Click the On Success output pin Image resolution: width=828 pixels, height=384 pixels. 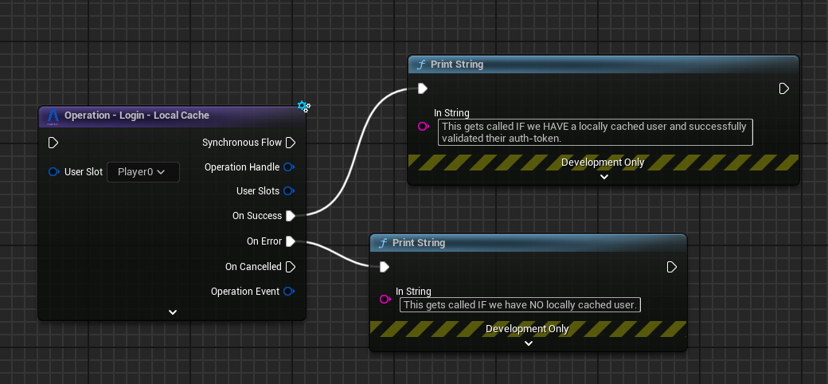click(x=291, y=216)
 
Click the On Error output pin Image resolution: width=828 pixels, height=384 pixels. click(x=291, y=241)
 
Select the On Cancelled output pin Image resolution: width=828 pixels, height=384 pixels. click(x=291, y=267)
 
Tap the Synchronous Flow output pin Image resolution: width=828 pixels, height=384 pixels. click(x=291, y=143)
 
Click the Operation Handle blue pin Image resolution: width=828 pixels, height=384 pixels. click(x=289, y=167)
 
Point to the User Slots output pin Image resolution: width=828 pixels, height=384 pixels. click(x=289, y=191)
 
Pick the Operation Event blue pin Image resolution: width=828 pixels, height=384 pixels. click(x=289, y=292)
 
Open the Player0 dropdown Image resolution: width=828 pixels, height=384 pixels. click(x=142, y=171)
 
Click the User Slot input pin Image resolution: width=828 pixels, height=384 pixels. click(x=53, y=172)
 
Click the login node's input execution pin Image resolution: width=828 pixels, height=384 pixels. click(x=53, y=143)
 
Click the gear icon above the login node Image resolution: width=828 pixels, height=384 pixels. click(x=303, y=106)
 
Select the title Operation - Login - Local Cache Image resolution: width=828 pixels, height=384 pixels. click(x=137, y=116)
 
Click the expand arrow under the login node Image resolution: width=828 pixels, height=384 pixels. click(x=173, y=312)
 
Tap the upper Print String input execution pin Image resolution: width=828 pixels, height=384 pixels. click(x=423, y=88)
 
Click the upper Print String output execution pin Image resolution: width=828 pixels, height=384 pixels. click(x=783, y=88)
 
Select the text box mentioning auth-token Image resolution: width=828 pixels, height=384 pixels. click(x=595, y=132)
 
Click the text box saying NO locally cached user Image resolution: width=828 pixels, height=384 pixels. click(x=521, y=304)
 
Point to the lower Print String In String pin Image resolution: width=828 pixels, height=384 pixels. click(x=385, y=300)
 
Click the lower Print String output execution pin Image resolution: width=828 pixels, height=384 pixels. click(x=672, y=267)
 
